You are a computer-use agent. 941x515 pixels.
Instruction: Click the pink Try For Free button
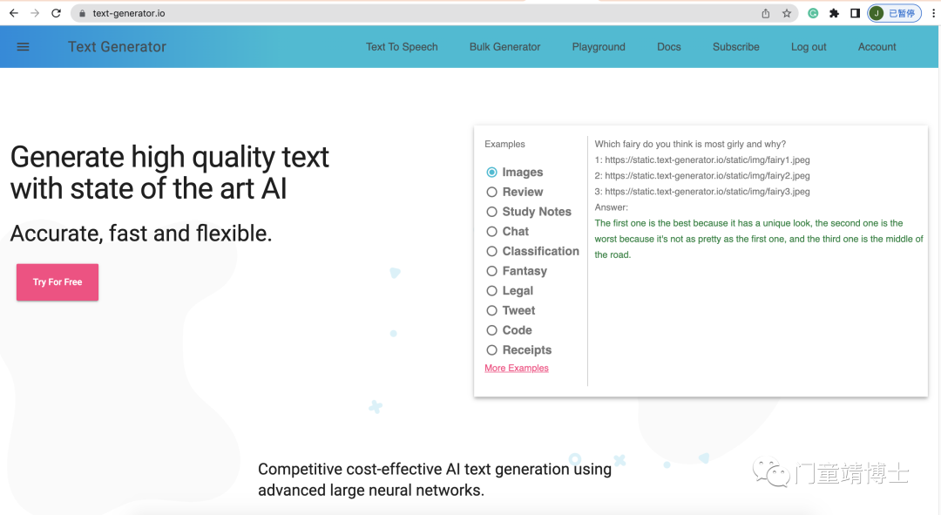point(58,282)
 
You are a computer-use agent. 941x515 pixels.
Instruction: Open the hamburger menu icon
point(23,47)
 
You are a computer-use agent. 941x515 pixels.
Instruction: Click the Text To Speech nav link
point(402,47)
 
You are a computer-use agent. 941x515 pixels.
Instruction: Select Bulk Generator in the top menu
point(504,47)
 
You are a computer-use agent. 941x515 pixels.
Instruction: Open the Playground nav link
point(599,47)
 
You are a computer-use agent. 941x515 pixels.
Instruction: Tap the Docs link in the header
point(669,47)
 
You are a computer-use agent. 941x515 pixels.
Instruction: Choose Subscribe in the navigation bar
point(735,47)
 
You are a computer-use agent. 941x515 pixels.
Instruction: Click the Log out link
point(809,47)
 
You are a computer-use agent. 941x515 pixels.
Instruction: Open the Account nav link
point(877,47)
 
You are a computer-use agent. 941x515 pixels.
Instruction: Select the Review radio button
point(492,192)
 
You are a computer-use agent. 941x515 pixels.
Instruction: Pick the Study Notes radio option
point(492,212)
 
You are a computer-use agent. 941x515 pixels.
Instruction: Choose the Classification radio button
point(492,252)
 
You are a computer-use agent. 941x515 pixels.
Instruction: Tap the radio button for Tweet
point(492,310)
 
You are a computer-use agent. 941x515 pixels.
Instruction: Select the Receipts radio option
point(492,350)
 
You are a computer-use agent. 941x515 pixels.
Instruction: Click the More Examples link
point(517,368)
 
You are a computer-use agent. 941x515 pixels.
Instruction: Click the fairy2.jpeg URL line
point(702,176)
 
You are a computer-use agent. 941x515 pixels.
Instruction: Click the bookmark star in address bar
point(786,13)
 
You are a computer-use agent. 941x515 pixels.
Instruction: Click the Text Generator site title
point(117,47)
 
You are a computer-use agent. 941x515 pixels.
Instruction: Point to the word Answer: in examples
point(612,207)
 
